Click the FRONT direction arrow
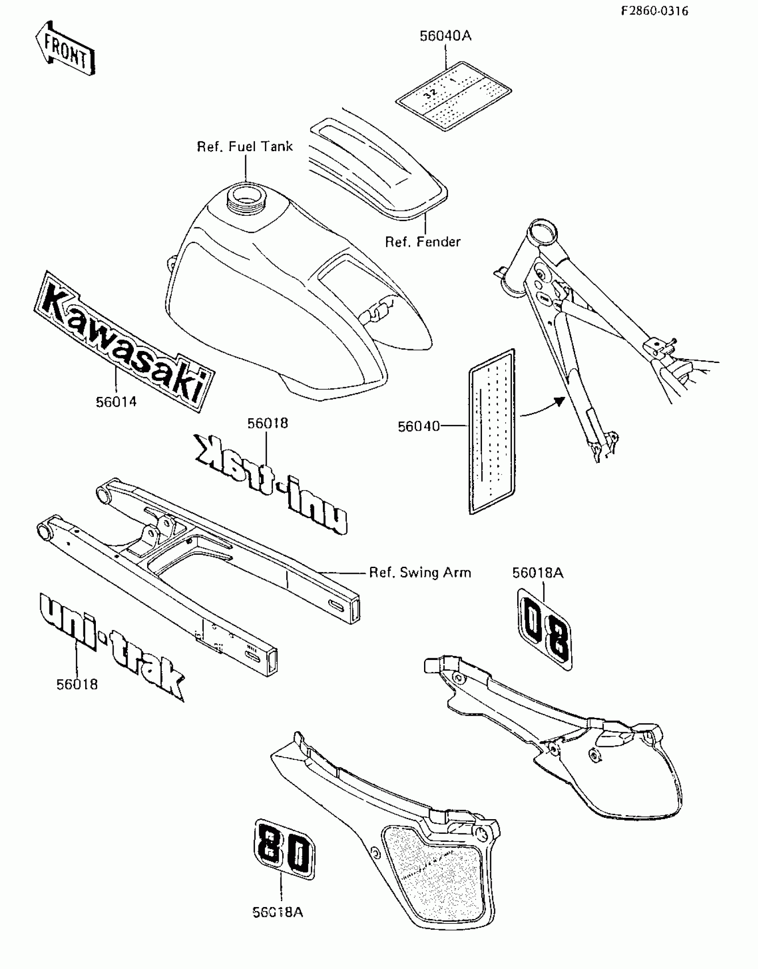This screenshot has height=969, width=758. [x=65, y=48]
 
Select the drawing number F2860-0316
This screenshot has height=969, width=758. [x=654, y=11]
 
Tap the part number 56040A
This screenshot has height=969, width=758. [x=445, y=36]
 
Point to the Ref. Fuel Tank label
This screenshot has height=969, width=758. [x=245, y=146]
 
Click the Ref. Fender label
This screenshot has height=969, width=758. [x=422, y=242]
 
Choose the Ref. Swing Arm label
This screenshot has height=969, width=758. [x=420, y=573]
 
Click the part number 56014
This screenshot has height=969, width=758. [x=116, y=402]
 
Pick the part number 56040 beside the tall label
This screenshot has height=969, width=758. [x=418, y=427]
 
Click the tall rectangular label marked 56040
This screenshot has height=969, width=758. [x=492, y=432]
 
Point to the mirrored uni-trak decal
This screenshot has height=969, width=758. [x=271, y=485]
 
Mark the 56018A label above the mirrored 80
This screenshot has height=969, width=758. [x=537, y=573]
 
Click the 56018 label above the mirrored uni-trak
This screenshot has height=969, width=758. [x=268, y=423]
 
